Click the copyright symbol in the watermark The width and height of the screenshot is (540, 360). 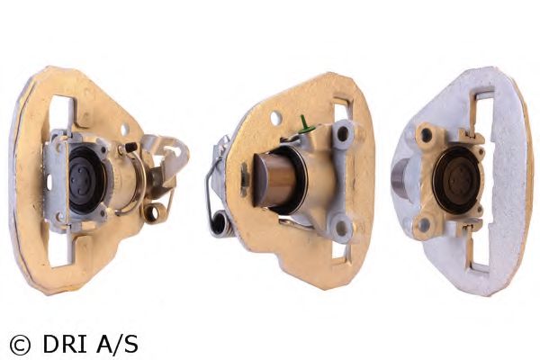20,345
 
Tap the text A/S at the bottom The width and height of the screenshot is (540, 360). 117,344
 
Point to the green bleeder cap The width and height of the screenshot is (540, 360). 304,124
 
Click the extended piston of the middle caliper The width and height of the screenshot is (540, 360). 274,179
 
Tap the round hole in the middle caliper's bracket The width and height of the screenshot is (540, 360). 276,118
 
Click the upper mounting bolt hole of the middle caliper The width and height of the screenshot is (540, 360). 342,134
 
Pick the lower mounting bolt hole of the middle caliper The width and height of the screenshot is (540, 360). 340,227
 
